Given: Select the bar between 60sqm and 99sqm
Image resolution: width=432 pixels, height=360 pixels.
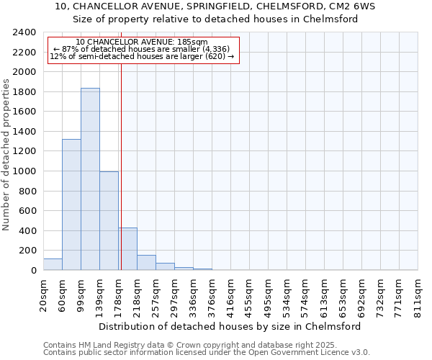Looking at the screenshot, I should pos(71,204).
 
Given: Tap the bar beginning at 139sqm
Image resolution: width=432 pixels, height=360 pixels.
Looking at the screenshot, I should pos(109,221).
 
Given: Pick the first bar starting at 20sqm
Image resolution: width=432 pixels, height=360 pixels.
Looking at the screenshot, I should pos(53,264).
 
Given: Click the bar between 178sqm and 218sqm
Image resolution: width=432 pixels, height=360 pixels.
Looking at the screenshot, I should pos(128,249).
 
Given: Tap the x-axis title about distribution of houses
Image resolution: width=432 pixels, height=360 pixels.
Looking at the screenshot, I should pos(230,326).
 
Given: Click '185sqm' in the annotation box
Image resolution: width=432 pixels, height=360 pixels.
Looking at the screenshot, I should pos(194,42).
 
